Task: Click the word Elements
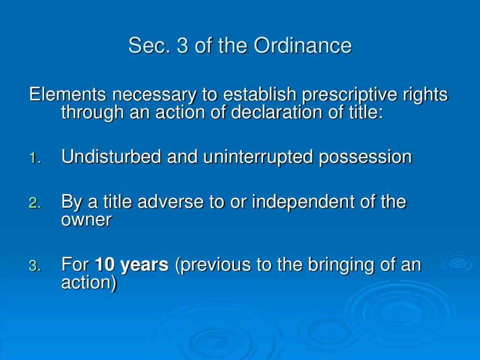pos(67,95)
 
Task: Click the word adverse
pos(167,202)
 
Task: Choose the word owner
pos(86,219)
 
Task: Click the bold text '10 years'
pos(132,265)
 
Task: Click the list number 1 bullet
pos(36,158)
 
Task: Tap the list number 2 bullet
pos(36,203)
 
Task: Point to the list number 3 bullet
pos(36,266)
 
